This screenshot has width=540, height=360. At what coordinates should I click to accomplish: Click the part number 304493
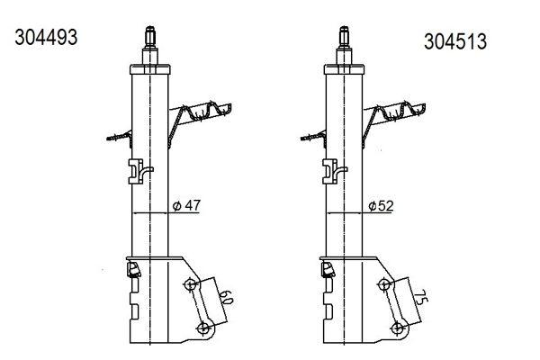click(x=46, y=37)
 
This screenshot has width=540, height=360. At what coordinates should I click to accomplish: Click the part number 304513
click(x=454, y=41)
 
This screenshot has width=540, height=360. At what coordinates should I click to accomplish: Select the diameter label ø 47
click(x=186, y=206)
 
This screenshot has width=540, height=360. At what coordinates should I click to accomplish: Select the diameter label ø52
click(x=381, y=206)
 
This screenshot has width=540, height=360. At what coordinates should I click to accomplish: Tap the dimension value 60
click(x=226, y=298)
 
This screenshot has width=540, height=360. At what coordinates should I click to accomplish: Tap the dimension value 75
click(x=420, y=297)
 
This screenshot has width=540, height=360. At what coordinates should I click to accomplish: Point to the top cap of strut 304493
click(x=150, y=69)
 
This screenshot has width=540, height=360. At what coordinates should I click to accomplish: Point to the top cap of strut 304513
click(x=344, y=69)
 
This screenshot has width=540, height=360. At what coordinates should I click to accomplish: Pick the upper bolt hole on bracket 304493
click(x=190, y=285)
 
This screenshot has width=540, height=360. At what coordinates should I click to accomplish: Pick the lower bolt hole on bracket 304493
click(x=203, y=328)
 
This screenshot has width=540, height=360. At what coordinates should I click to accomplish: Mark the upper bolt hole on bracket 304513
click(x=384, y=285)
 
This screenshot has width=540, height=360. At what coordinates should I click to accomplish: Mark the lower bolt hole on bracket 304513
click(x=398, y=328)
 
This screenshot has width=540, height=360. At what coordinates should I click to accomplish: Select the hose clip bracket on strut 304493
click(x=140, y=171)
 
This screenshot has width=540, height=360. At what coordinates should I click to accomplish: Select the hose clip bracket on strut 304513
click(x=335, y=171)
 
